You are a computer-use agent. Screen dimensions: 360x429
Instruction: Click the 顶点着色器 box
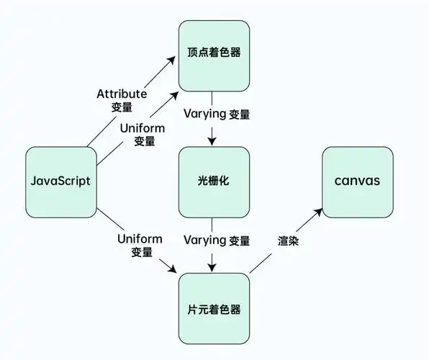tap(214, 55)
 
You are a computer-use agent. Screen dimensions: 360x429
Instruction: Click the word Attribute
tap(120, 94)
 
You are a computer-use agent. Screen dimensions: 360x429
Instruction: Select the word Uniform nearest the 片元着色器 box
tap(141, 238)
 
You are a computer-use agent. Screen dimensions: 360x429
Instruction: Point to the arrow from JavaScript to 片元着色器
tap(137, 242)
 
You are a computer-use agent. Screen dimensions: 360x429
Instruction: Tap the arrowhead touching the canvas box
tap(318, 213)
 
